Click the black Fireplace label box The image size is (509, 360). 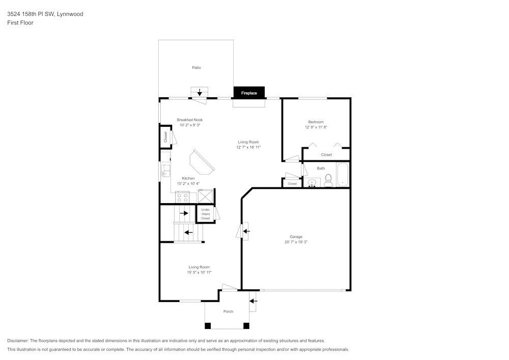tap(249, 93)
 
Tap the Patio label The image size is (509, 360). tap(196, 67)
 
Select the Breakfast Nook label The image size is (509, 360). tap(189, 120)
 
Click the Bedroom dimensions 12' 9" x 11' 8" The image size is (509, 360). tap(316, 127)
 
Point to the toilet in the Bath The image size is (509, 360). tap(328, 180)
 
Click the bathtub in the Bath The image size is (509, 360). tap(343, 175)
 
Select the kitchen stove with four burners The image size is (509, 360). tap(182, 197)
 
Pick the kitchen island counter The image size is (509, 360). tap(202, 162)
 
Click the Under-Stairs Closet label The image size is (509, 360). tap(206, 214)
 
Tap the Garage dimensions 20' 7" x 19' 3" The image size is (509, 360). tap(296, 242)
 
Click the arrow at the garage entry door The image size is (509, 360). tap(247, 231)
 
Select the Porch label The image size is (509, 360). tap(228, 312)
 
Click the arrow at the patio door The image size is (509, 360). tap(200, 93)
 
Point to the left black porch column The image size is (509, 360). tap(208, 326)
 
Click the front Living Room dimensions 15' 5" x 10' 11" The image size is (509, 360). tap(199, 272)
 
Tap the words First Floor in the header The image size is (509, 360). tap(20, 23)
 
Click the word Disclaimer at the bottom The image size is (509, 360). tap(18, 341)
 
